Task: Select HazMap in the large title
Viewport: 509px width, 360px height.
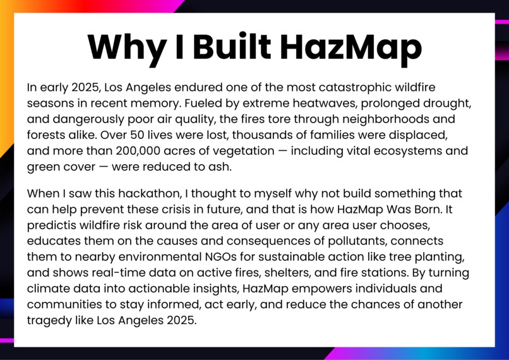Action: [x=350, y=47]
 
